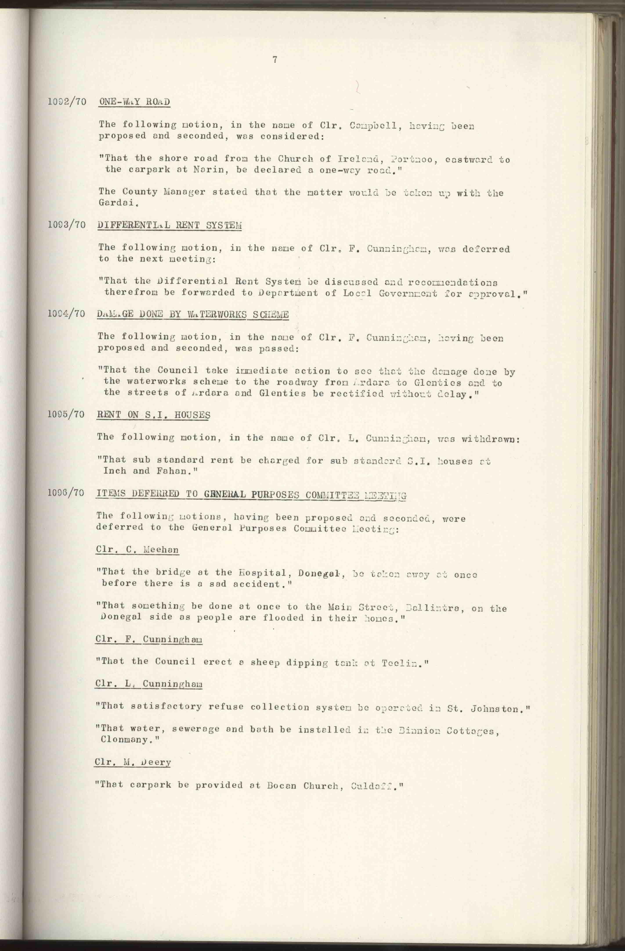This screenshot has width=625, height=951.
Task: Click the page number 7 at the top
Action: point(275,60)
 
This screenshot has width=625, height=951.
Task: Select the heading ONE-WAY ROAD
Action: point(134,102)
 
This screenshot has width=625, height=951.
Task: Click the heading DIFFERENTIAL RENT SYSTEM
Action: point(170,225)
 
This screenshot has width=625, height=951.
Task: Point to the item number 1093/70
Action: point(66,225)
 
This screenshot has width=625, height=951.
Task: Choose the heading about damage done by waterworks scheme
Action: point(193,314)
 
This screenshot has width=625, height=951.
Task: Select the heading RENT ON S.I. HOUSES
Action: point(154,415)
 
